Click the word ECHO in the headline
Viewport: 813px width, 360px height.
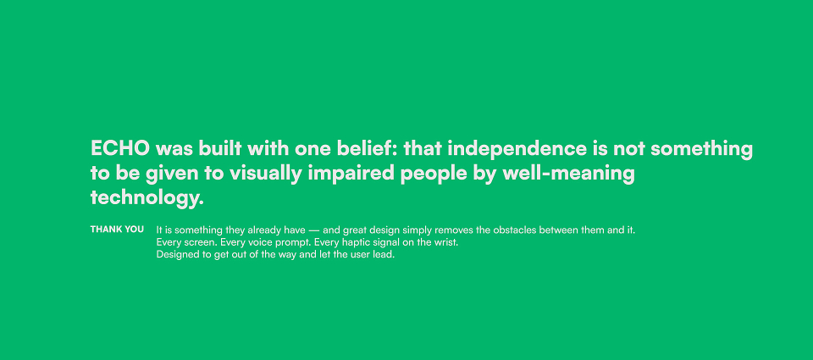[x=120, y=148]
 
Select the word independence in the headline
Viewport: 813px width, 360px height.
[x=517, y=149]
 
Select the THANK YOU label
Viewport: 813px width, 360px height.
[x=117, y=230]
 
